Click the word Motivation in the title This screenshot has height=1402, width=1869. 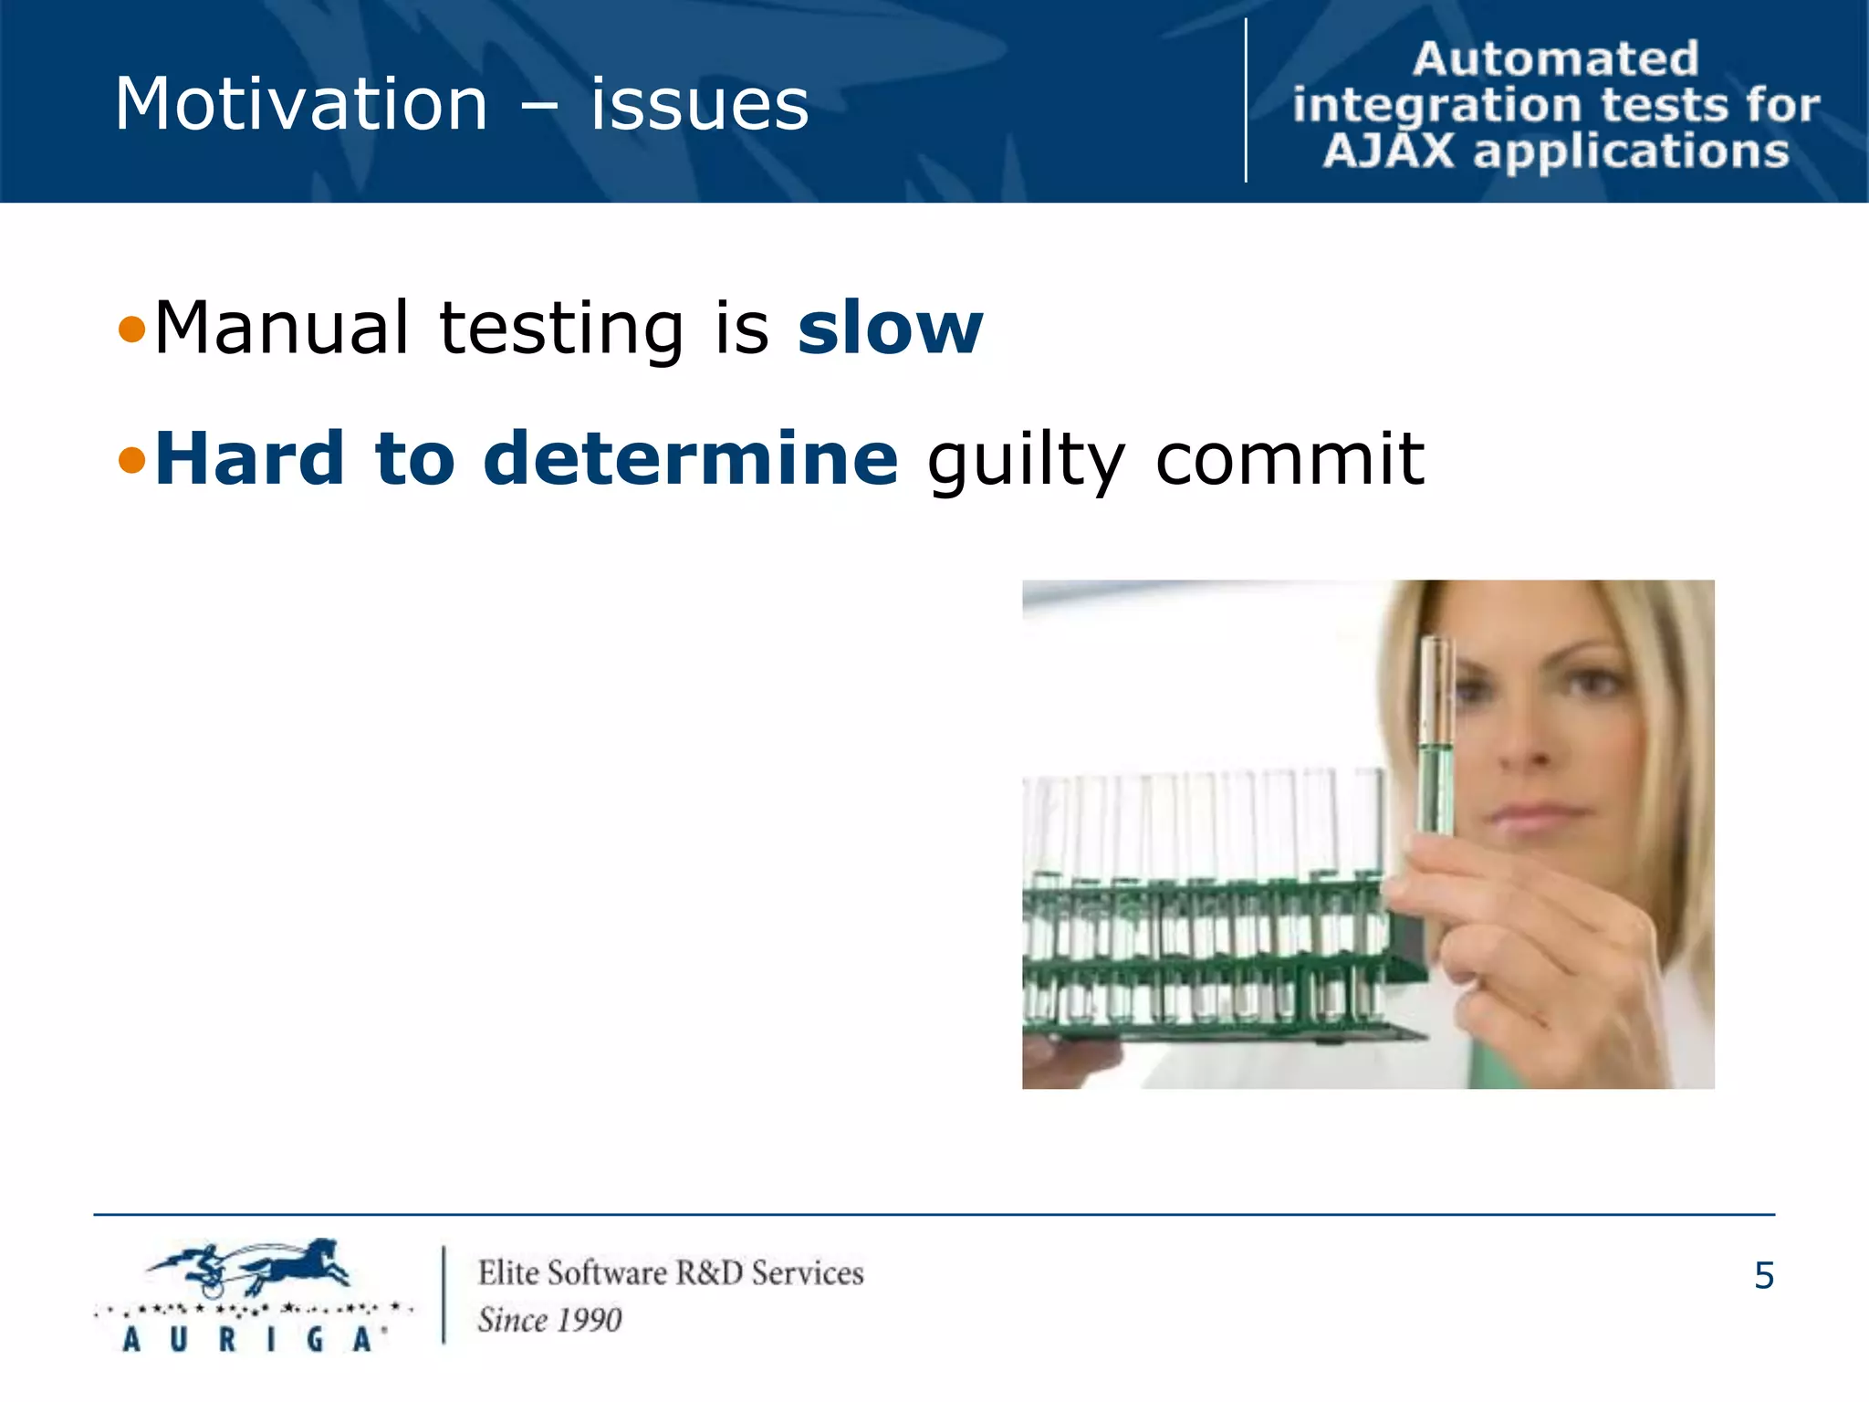[x=301, y=104]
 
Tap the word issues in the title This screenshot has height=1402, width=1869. [x=699, y=104]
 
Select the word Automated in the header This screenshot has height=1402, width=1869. [x=1555, y=59]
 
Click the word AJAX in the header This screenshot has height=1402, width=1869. [x=1388, y=152]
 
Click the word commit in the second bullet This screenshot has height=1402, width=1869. [x=1289, y=458]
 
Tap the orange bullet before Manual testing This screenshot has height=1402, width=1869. [x=132, y=330]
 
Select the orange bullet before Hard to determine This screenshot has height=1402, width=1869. [x=132, y=460]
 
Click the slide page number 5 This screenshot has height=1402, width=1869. [x=1763, y=1275]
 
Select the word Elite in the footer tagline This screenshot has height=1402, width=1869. [x=508, y=1272]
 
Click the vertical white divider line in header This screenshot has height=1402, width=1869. [x=1246, y=100]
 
